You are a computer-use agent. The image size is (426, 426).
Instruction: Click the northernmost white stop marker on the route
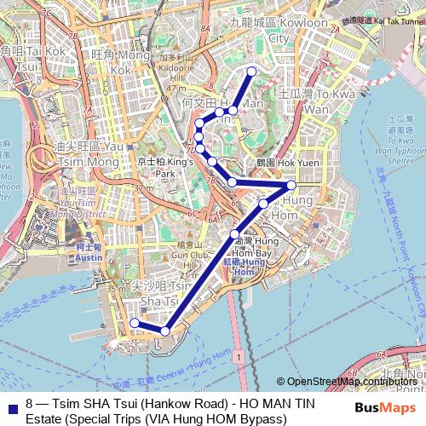pyautogui.click(x=250, y=72)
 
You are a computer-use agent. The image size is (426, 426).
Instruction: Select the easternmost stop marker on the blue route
pyautogui.click(x=291, y=185)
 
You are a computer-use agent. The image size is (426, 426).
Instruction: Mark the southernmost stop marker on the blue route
pyautogui.click(x=165, y=331)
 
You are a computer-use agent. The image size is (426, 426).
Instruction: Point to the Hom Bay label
pyautogui.click(x=252, y=253)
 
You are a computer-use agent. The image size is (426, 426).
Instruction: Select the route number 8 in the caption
pyautogui.click(x=30, y=400)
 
